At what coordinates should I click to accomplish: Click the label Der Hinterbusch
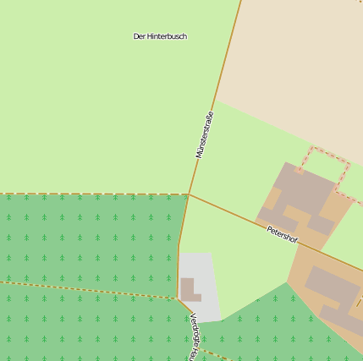click(160, 36)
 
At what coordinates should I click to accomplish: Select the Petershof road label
click(283, 234)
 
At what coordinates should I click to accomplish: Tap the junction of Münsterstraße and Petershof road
click(189, 194)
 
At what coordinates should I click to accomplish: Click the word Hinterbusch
click(167, 36)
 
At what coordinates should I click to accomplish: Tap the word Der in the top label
click(139, 36)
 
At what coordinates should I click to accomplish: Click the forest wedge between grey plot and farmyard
click(262, 313)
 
